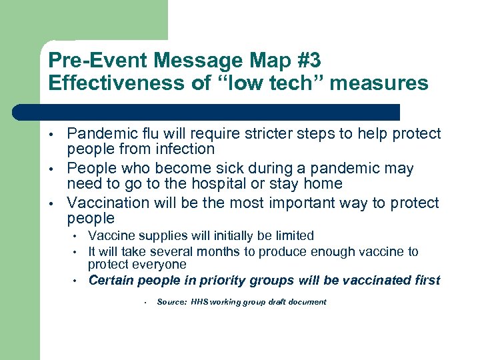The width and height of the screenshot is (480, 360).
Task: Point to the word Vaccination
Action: [107, 203]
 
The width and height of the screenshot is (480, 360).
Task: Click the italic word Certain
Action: [110, 280]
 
